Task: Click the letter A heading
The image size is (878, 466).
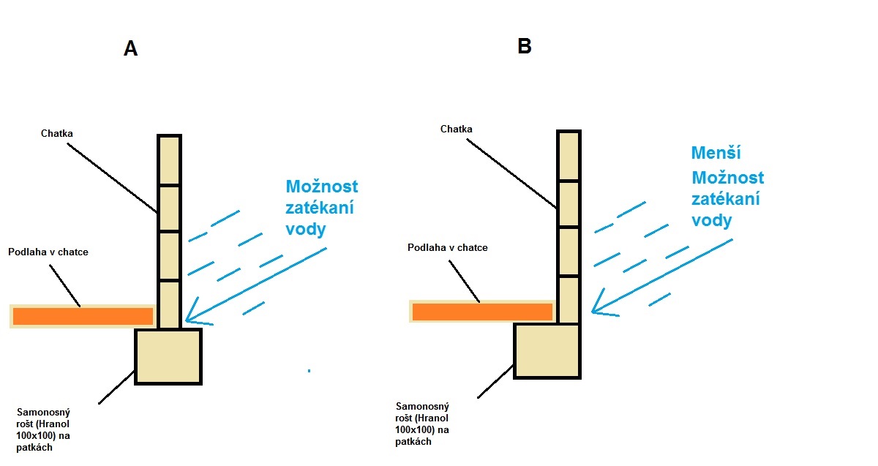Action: pos(131,49)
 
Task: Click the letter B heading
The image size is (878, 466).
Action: pos(524,47)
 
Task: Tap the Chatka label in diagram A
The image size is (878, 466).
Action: pos(57,134)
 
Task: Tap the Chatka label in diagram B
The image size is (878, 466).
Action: pos(456,129)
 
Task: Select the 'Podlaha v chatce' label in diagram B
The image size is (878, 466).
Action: pos(447,248)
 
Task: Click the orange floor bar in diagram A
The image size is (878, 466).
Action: pos(83,316)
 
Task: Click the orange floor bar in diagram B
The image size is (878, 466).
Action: pos(481,312)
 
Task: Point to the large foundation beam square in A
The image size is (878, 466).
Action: pos(168,356)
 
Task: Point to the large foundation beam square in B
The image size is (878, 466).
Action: pos(547,350)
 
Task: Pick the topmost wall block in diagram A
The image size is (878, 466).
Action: pos(169,160)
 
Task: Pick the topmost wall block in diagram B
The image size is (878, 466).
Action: pos(569,156)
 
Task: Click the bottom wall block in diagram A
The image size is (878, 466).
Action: pos(169,304)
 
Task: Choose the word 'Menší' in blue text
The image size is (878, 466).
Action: pos(716,154)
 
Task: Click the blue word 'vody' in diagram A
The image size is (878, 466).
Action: pos(305,228)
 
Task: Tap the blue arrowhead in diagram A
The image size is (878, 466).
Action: pos(192,316)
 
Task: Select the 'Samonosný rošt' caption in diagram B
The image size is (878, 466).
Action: pos(422,424)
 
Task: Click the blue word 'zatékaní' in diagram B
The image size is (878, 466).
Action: pos(725,199)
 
